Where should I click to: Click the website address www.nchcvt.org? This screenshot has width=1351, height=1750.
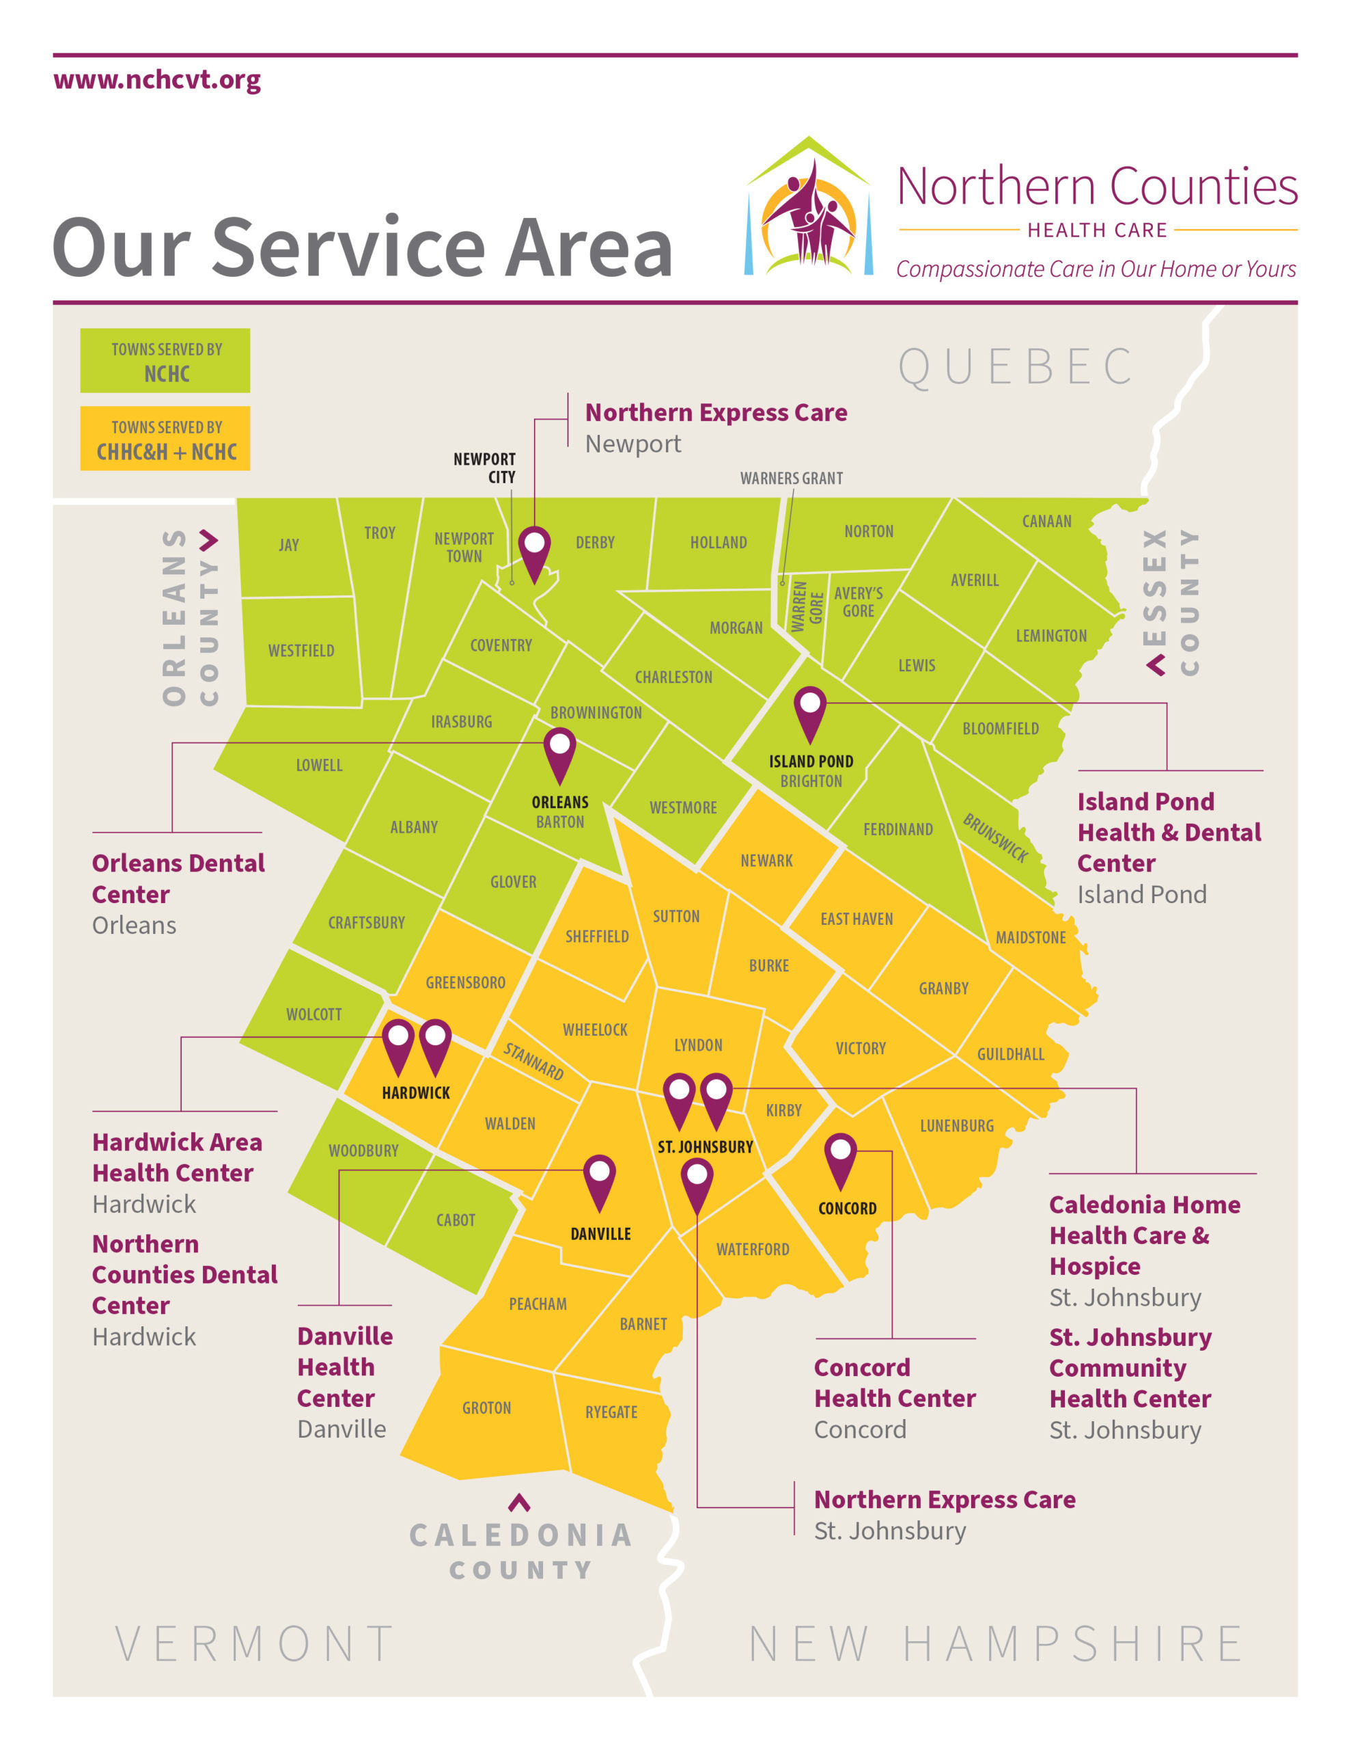coord(157,80)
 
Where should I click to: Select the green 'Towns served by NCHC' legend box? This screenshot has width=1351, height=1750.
coord(165,360)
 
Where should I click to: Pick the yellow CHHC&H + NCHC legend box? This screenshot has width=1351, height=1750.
coord(165,438)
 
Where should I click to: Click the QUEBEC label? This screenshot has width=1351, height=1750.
coord(1016,367)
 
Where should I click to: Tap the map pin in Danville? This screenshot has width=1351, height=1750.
coord(599,1179)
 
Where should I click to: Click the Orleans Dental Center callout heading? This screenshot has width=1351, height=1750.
coord(178,878)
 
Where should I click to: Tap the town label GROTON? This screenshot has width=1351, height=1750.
coord(486,1408)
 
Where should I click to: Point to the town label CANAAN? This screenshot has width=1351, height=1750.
coord(1046,521)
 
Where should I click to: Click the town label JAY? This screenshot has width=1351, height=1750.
coord(288,545)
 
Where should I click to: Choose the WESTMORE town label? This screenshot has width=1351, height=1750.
coord(682,808)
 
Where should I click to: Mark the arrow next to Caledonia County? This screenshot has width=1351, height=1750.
coord(519,1503)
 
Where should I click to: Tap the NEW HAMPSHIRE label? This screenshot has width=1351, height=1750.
coord(995,1645)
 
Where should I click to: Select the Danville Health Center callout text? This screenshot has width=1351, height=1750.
coord(344,1367)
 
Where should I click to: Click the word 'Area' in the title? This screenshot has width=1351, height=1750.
coord(588,248)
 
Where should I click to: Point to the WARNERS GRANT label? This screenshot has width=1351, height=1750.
coord(790,479)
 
